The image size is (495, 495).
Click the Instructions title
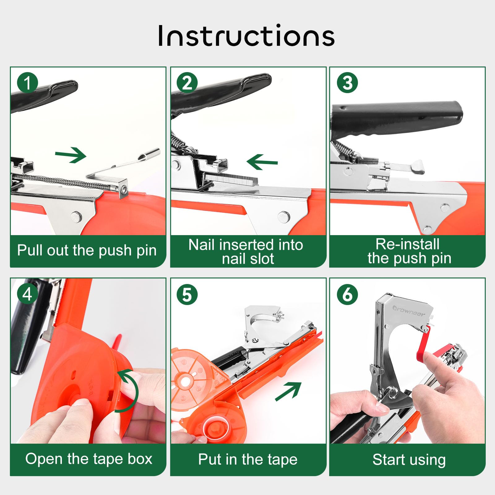pos(246,36)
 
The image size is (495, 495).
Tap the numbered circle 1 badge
pos(28,83)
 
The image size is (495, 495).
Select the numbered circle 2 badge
pos(187,83)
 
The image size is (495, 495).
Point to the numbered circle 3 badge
pos(347,83)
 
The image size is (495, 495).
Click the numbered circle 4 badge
pos(28,294)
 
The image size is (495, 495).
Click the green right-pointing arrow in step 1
pos(71,155)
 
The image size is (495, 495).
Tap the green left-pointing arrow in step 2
pos(262,162)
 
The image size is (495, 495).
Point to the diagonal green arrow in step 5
pos(288,391)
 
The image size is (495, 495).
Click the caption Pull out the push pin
pos(87,250)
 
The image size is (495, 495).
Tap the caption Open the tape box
pos(89,459)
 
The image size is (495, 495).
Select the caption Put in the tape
pos(248,459)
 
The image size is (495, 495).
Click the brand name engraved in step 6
pos(409,311)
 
